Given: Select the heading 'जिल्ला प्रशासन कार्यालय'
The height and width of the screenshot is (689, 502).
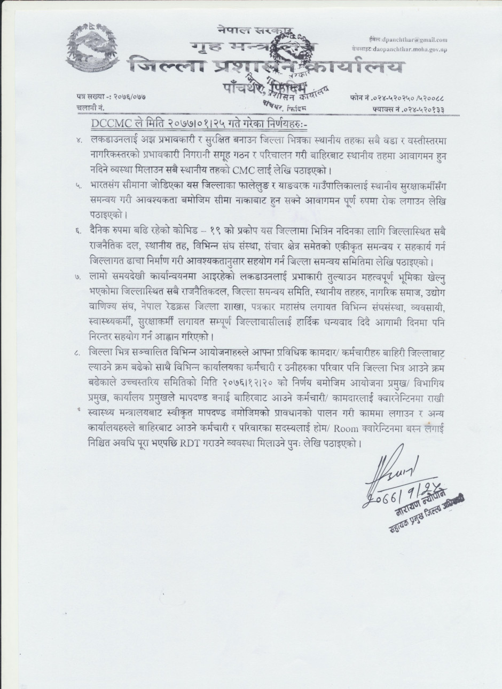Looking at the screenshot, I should pyautogui.click(x=266, y=68).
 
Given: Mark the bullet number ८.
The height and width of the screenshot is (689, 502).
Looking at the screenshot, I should pyautogui.click(x=79, y=351).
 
